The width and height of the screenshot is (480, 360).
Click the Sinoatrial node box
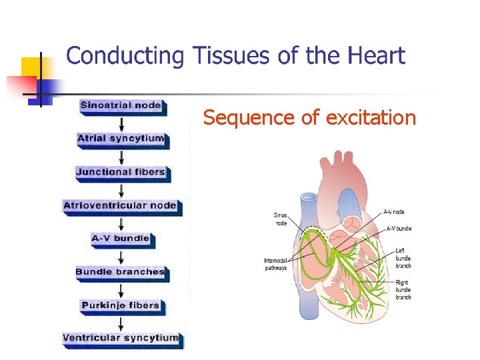121,105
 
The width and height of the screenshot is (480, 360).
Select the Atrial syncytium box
121,139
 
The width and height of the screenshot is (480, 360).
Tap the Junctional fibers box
121,172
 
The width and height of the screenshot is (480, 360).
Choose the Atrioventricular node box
121,205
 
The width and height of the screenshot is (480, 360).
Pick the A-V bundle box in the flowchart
121,239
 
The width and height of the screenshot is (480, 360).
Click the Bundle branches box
121,272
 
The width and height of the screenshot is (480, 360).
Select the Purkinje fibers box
121,305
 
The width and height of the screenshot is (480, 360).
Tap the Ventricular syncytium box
121,338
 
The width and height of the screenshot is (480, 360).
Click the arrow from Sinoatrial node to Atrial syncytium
121,123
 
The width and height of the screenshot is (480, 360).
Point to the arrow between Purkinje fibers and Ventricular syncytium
121,323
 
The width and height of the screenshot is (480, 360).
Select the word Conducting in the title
125,56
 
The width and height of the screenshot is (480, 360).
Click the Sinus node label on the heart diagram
281,219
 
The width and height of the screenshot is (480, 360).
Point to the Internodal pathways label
275,264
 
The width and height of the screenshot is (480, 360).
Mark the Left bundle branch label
403,258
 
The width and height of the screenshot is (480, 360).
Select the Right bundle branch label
403,290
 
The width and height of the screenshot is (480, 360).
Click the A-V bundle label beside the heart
399,229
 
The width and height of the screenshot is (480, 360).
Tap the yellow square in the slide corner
32,67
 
